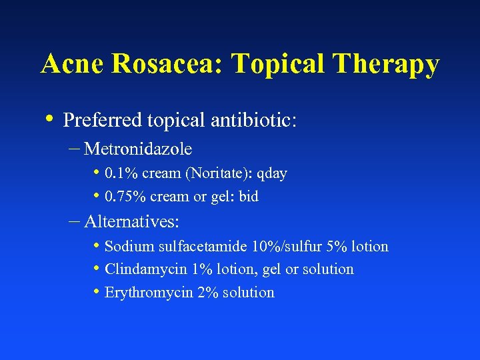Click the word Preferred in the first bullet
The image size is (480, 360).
101,121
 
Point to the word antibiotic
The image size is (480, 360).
254,121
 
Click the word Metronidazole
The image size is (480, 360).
138,148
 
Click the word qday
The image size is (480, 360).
272,174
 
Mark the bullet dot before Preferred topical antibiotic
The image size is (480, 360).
52,119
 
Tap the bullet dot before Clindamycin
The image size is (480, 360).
97,268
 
